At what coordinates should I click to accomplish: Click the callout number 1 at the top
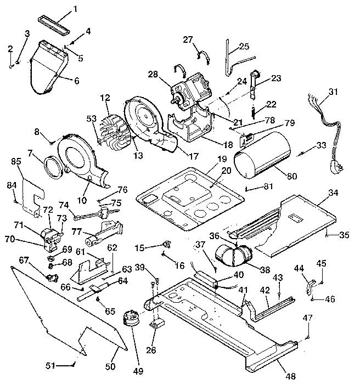pos(76,8)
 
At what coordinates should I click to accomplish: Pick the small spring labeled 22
pos(252,113)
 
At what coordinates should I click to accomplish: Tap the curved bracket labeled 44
pos(308,286)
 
